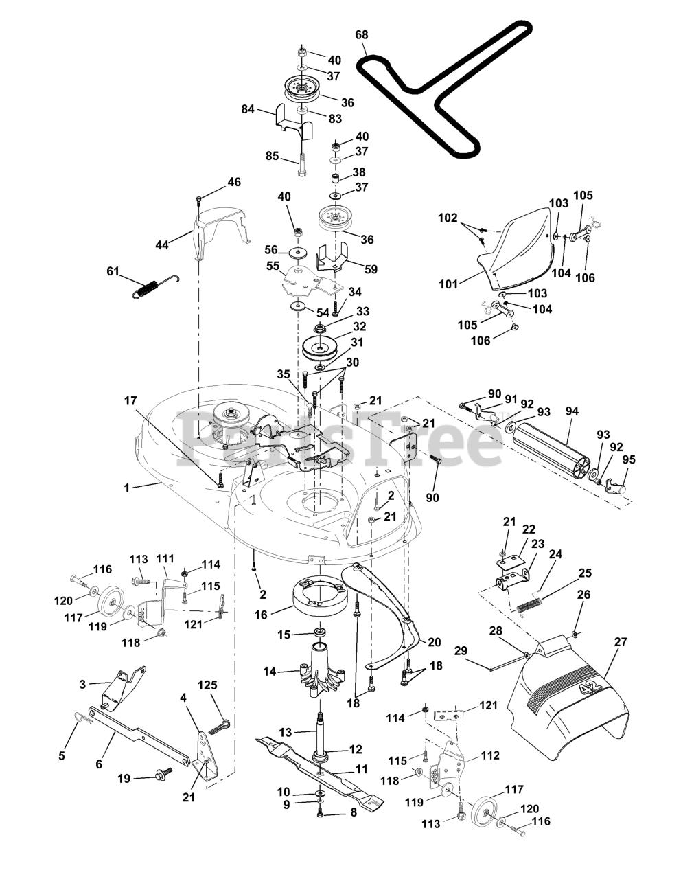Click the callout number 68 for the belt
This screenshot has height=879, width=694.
(361, 34)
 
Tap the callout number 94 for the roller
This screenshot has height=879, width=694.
(572, 411)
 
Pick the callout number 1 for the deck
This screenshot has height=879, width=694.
(127, 488)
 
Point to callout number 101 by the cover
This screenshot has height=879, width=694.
(448, 283)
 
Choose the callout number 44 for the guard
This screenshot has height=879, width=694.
(162, 244)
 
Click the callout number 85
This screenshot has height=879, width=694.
(272, 156)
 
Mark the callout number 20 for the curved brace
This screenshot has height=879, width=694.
(434, 642)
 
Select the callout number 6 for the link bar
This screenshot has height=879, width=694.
(99, 763)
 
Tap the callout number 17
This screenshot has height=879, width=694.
(130, 399)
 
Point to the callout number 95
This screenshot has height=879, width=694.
(628, 459)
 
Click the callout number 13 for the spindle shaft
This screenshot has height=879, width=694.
(285, 733)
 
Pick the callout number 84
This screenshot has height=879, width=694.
(248, 109)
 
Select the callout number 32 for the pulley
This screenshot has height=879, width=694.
(359, 327)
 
